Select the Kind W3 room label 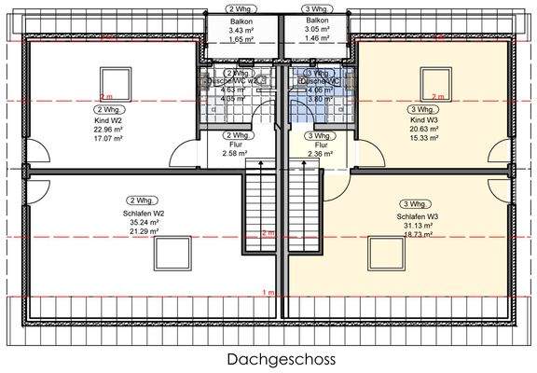(423, 121)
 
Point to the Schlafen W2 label (146, 214)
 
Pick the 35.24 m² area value (146, 223)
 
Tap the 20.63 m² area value (423, 130)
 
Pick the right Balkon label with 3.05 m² (318, 21)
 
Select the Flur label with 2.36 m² (322, 145)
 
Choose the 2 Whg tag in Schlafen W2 (141, 200)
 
